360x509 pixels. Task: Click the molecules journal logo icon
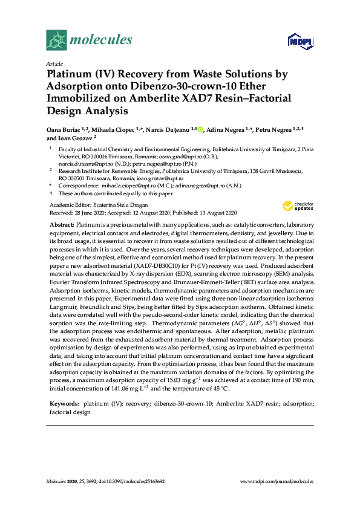56,41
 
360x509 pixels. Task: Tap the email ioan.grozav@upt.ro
160,179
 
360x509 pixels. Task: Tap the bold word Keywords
64,402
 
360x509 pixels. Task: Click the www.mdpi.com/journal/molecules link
277,481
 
